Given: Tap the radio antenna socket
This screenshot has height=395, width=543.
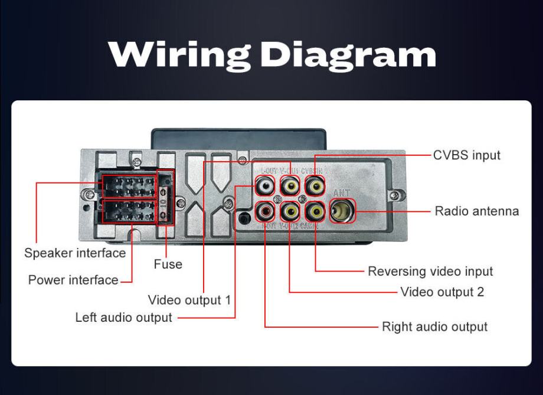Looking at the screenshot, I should tap(342, 211).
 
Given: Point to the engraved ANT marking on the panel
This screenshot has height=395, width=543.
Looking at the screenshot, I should tap(342, 192).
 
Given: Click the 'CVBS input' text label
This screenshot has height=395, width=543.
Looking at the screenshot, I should tap(466, 155).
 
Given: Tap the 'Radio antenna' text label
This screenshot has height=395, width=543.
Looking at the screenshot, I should tap(477, 211).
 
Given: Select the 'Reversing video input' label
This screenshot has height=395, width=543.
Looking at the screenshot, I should tap(430, 271).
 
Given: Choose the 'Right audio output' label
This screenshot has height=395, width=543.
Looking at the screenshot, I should tap(434, 327).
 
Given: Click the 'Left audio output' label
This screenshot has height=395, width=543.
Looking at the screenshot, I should tap(123, 318).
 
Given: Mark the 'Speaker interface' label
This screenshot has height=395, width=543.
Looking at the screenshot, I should tap(75, 253).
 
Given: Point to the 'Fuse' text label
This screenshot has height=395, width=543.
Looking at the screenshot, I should tap(168, 264).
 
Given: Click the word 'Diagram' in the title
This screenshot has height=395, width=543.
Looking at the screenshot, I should tap(348, 55).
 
